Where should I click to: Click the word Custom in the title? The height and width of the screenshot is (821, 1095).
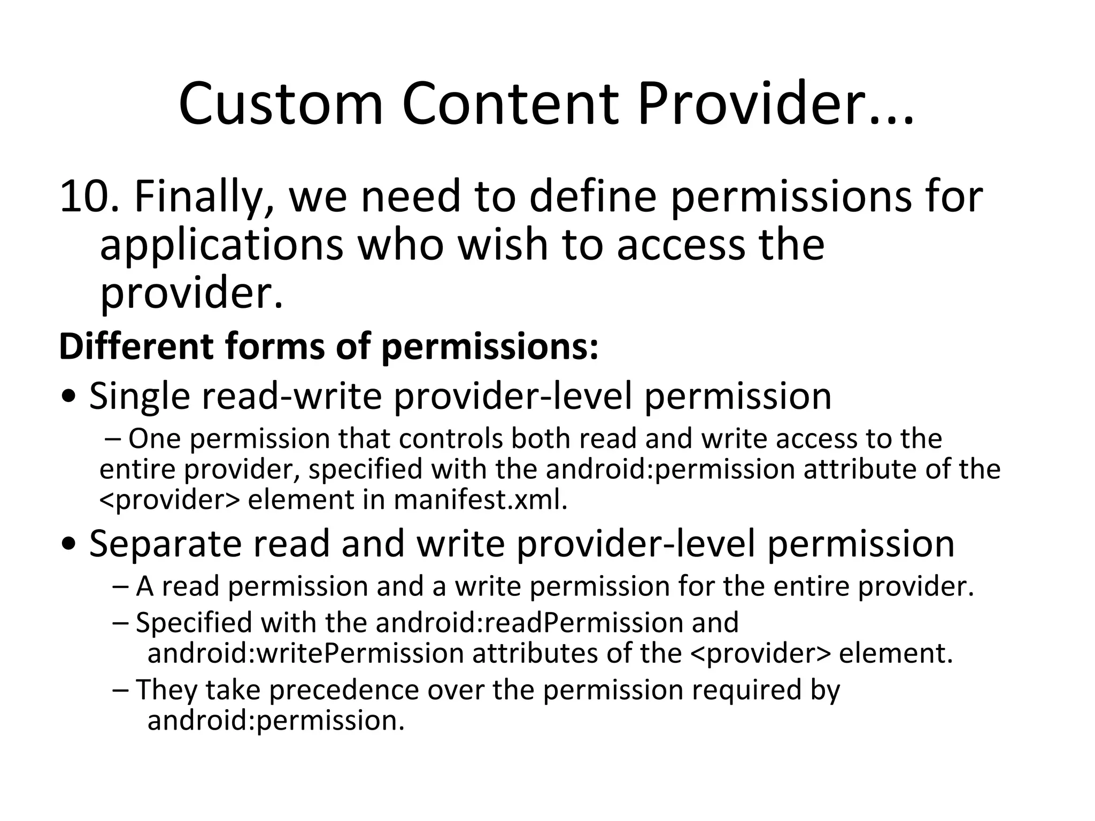tap(281, 104)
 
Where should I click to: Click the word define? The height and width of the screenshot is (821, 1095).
tap(592, 197)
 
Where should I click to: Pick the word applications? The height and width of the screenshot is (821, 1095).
tap(221, 246)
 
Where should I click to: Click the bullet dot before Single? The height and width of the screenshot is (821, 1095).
tap(69, 397)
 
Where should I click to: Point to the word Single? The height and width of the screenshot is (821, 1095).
tap(140, 397)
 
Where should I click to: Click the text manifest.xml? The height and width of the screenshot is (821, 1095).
tap(480, 500)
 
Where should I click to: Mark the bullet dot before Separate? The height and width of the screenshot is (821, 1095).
tap(69, 545)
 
